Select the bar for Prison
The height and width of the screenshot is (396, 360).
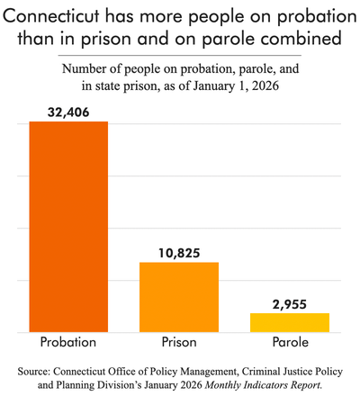click(x=179, y=297)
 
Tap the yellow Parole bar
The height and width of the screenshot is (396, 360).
click(x=289, y=322)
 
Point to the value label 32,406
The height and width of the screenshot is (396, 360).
click(x=68, y=112)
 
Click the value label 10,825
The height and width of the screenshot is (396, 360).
click(x=179, y=253)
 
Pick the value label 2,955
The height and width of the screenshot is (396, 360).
click(x=289, y=304)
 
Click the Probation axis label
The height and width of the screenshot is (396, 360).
click(x=68, y=343)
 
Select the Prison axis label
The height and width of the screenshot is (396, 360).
click(x=179, y=343)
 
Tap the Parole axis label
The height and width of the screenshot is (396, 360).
click(x=289, y=343)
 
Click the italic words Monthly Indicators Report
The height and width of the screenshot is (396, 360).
click(x=265, y=384)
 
